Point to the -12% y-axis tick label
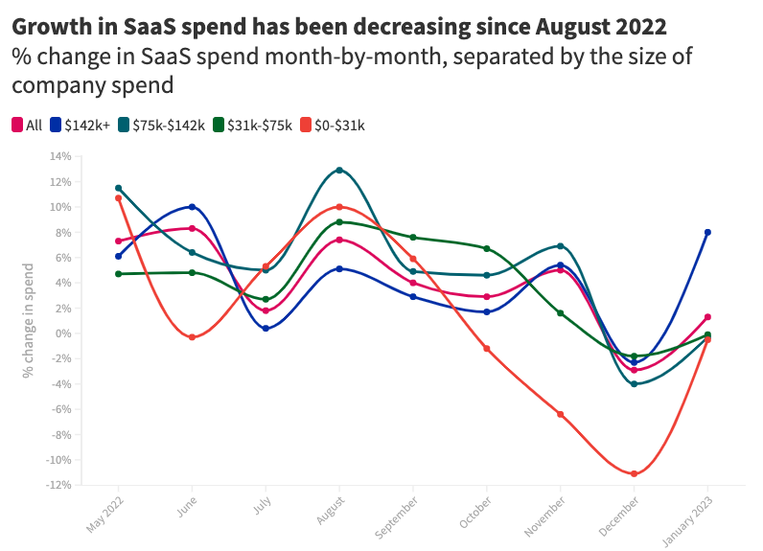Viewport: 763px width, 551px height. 58,485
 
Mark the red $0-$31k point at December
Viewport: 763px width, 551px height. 634,473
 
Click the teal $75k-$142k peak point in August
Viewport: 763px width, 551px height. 339,171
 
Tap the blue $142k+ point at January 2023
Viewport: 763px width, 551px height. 707,232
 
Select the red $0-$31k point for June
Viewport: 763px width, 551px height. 192,337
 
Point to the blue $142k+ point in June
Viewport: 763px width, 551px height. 192,207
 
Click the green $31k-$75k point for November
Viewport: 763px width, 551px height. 560,313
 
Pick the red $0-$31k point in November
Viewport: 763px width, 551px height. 560,414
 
